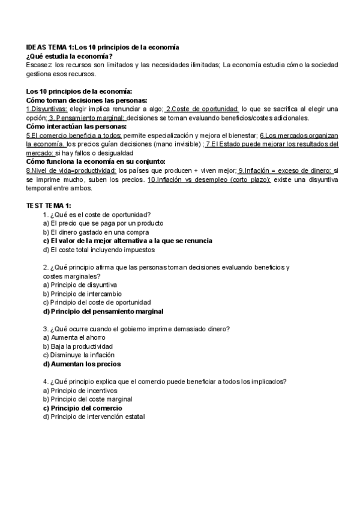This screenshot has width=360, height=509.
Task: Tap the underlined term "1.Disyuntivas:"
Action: pyautogui.click(x=47, y=109)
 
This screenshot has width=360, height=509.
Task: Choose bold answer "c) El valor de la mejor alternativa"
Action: pyautogui.click(x=128, y=240)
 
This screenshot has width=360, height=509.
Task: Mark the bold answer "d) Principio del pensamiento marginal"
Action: pyautogui.click(x=103, y=312)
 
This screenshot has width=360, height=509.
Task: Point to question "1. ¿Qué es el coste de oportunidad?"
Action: pyautogui.click(x=97, y=214)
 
